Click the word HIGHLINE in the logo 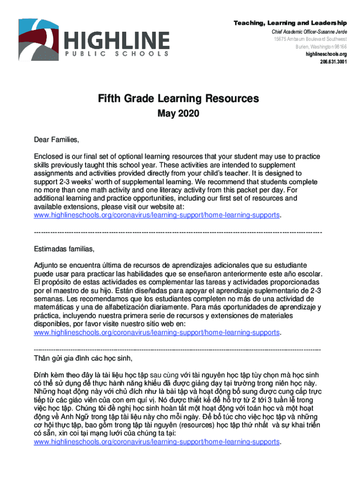117,40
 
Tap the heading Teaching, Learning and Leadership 290,23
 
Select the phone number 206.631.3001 333,62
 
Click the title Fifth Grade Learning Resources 178,99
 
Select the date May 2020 178,113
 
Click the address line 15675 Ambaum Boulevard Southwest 310,39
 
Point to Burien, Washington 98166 321,47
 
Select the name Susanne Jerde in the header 332,31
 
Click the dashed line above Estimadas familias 178,232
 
